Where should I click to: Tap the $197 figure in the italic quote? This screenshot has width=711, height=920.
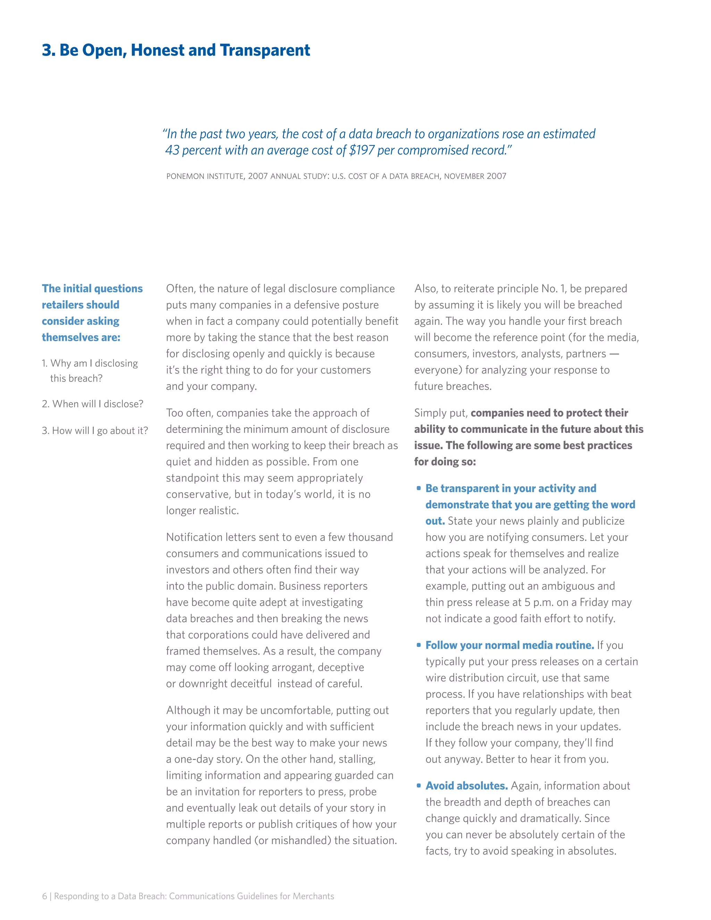[x=362, y=150]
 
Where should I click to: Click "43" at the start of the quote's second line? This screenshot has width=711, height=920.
[x=172, y=150]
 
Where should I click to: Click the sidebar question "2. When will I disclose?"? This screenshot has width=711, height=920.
[x=93, y=404]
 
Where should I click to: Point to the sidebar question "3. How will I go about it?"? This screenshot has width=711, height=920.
[x=95, y=430]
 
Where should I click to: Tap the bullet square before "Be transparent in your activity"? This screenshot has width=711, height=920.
[x=419, y=488]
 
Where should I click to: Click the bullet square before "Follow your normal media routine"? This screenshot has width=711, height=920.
[x=419, y=645]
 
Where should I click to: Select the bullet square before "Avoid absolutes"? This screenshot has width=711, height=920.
[x=419, y=786]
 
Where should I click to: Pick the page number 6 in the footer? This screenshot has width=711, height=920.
[x=44, y=896]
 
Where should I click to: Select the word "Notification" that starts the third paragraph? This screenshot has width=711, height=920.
[x=192, y=537]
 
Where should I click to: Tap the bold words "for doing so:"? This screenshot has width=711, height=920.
[x=445, y=462]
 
